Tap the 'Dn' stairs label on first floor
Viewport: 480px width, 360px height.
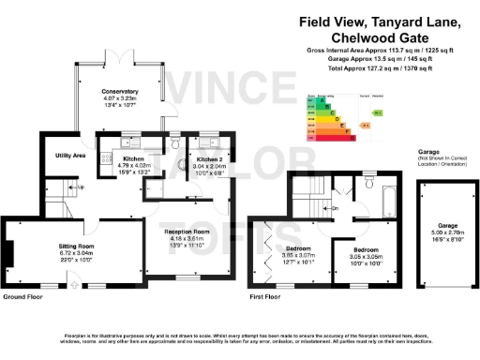pyautogui.click(x=335, y=208)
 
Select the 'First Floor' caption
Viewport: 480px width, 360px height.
pyautogui.click(x=265, y=296)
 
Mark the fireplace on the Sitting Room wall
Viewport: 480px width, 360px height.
pyautogui.click(x=10, y=253)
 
